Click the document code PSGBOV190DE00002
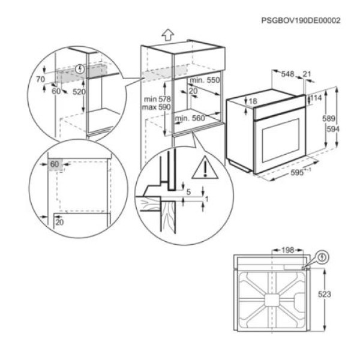tap(301, 20)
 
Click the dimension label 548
tap(288, 74)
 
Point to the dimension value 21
tap(307, 74)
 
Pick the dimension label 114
tap(316, 98)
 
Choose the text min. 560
tap(190, 118)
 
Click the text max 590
tap(157, 107)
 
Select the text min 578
tap(157, 98)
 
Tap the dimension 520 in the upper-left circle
tap(78, 92)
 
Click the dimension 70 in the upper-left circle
tap(40, 79)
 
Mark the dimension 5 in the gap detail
tap(188, 192)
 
